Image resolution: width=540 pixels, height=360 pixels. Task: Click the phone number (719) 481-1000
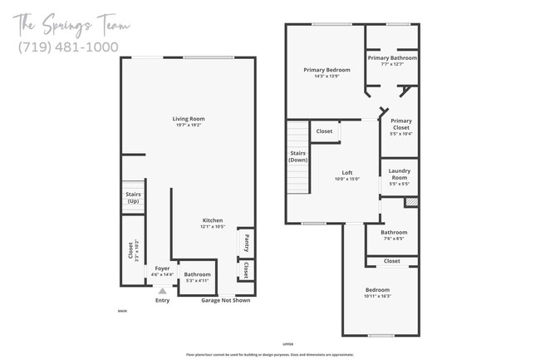click(x=68, y=47)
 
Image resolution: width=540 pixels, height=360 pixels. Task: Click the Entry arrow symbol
click(x=162, y=291)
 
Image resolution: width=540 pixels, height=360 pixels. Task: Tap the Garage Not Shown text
click(x=227, y=300)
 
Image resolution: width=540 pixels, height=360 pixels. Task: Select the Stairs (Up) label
click(x=133, y=197)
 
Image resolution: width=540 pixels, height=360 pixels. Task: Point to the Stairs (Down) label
click(x=298, y=156)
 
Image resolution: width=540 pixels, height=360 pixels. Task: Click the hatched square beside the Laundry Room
click(x=411, y=201)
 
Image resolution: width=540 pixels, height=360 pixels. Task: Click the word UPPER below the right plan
click(x=288, y=343)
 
